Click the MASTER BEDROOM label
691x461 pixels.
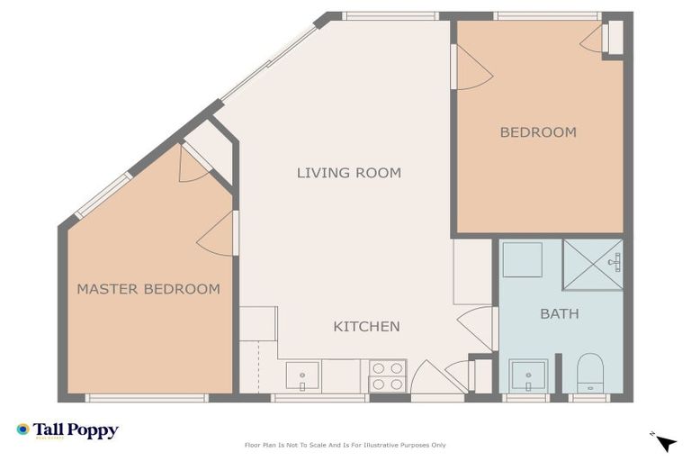pos(148,289)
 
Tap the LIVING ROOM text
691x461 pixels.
pos(349,172)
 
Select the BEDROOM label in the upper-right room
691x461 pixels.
pos(538,132)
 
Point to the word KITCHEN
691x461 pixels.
pos(366,326)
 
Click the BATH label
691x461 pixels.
pos(559,314)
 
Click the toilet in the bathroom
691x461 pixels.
pos(589,373)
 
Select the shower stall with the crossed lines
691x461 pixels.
pos(592,264)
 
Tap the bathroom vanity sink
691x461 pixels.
pos(528,375)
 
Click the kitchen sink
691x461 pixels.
pos(302,375)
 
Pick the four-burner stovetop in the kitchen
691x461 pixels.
pos(387,375)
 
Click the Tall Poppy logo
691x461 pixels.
pos(67,430)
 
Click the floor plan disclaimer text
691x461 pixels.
pos(345,445)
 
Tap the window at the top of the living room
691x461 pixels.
pos(390,15)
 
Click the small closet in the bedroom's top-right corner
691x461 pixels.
pos(613,39)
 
